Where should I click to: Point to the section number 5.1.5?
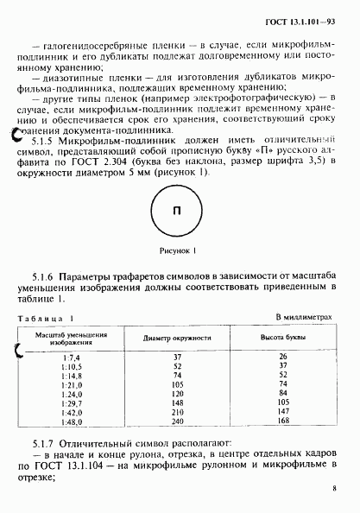(x=44, y=140)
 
